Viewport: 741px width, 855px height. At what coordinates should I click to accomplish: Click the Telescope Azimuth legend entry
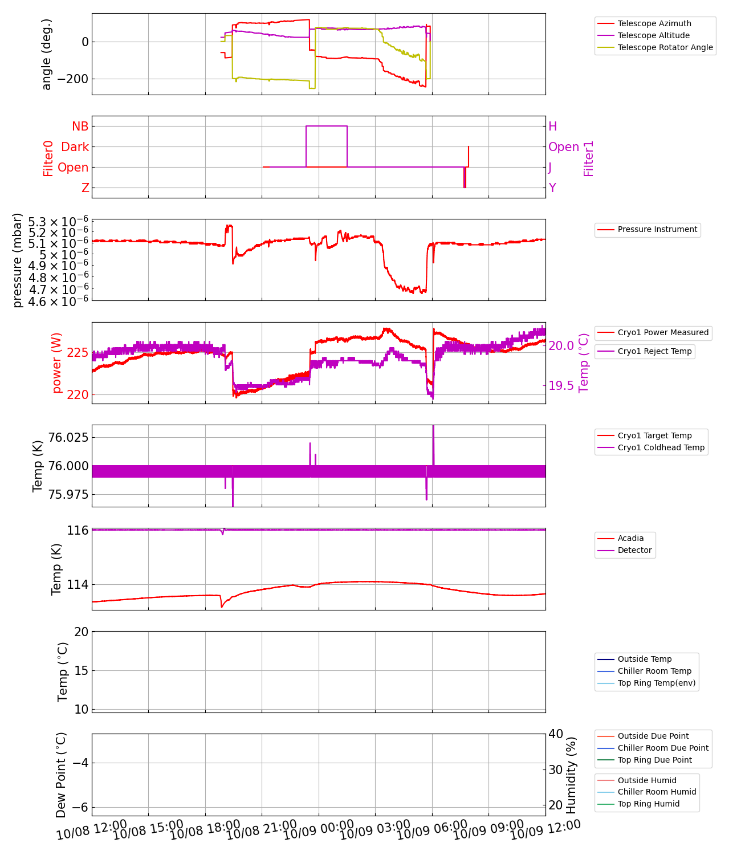point(654,23)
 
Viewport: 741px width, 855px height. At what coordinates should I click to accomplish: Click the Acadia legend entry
point(630,538)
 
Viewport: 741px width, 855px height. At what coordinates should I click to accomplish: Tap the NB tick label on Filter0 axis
point(80,127)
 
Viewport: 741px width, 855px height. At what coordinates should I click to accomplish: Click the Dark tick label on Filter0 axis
point(75,147)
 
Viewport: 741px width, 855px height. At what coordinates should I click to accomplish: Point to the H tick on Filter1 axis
point(552,127)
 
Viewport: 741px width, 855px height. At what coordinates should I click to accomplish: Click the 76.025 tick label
point(68,437)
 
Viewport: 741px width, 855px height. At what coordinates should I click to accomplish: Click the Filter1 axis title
point(589,158)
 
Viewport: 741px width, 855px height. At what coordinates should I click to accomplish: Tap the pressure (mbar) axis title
point(18,260)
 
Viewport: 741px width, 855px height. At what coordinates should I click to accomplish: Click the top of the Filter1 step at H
point(327,126)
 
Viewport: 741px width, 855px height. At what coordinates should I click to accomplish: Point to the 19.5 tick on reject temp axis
point(561,386)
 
